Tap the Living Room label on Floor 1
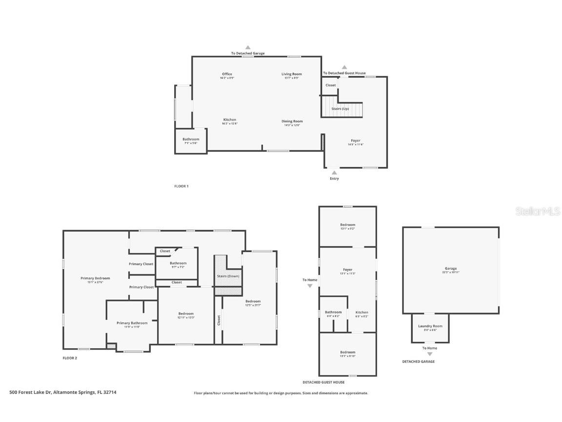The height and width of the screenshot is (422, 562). (x=291, y=74)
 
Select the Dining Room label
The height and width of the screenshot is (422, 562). (x=292, y=121)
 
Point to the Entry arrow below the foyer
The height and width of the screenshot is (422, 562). (x=334, y=172)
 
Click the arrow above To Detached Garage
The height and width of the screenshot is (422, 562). (x=248, y=47)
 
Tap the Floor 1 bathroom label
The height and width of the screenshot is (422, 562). (x=191, y=139)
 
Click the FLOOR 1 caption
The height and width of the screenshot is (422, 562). (x=181, y=186)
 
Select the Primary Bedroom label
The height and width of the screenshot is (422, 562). (x=95, y=278)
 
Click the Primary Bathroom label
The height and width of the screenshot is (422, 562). (x=132, y=323)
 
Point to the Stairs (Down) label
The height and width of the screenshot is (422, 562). (x=228, y=276)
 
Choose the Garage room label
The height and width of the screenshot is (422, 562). (x=450, y=269)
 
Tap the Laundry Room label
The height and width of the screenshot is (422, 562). (x=430, y=326)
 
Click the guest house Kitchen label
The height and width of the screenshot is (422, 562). (x=361, y=313)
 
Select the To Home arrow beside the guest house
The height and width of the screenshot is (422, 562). (x=310, y=286)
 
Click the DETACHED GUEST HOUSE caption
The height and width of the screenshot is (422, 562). (x=323, y=382)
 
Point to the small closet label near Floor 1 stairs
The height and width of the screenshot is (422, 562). (x=331, y=85)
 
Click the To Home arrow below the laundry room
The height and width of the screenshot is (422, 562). (x=429, y=354)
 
